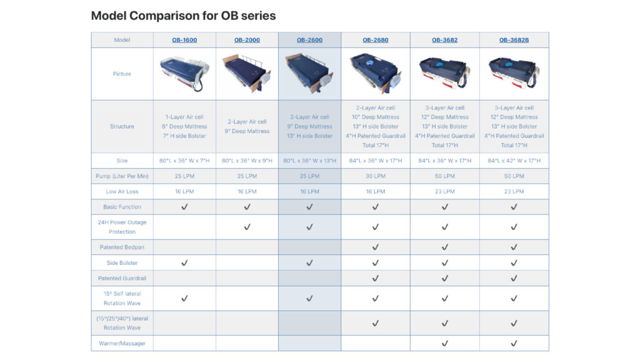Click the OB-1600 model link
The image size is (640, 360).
tap(184, 40)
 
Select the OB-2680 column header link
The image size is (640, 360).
tap(375, 40)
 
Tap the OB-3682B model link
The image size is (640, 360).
tap(514, 40)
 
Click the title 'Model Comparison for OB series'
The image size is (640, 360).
tap(183, 16)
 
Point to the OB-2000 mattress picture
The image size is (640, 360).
tap(247, 74)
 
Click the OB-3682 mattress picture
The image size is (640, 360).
tap(444, 73)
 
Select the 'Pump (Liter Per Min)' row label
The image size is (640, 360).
tap(122, 176)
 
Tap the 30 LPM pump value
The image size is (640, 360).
tap(375, 176)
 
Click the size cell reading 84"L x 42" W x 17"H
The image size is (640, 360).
tap(514, 161)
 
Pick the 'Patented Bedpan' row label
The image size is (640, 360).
tap(122, 247)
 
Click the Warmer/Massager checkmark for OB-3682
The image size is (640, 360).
tap(444, 343)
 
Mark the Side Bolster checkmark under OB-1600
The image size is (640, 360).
tap(184, 263)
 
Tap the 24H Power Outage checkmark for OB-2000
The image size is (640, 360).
tap(247, 227)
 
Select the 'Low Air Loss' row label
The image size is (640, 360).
tap(122, 191)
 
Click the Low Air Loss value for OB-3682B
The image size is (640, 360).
tap(514, 191)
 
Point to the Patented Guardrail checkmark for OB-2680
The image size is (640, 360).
tap(375, 278)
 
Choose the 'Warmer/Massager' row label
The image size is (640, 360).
tap(122, 343)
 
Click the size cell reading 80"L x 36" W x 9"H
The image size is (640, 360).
tap(247, 161)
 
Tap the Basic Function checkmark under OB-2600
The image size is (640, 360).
tap(309, 207)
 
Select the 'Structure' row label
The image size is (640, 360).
tap(122, 126)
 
